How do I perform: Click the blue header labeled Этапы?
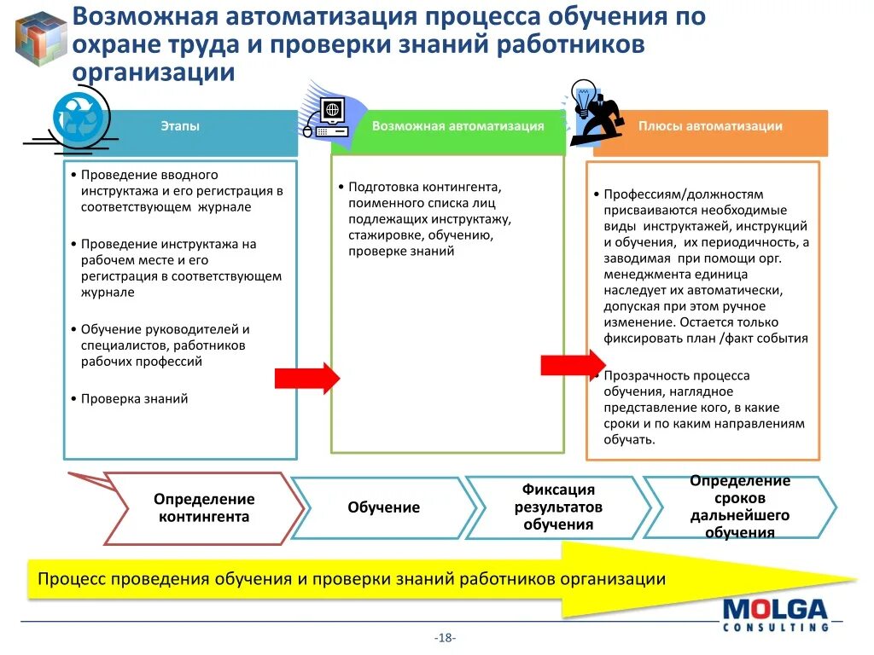pos(180,126)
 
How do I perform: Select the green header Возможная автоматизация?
pos(457,126)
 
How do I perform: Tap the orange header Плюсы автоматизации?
pos(710,126)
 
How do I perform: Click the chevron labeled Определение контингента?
pos(204,507)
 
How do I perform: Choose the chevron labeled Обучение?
pos(383,507)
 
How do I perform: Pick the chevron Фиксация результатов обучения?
pos(558,507)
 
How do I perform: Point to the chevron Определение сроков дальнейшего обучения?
pos(739,507)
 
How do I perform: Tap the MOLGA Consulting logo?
pos(775,614)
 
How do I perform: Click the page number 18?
pos(445,638)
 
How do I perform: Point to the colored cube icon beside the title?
pos(41,38)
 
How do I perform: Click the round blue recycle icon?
pos(81,116)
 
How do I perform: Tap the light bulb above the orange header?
pos(585,96)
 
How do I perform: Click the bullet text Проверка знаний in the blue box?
pos(134,398)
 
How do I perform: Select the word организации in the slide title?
pos(154,72)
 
